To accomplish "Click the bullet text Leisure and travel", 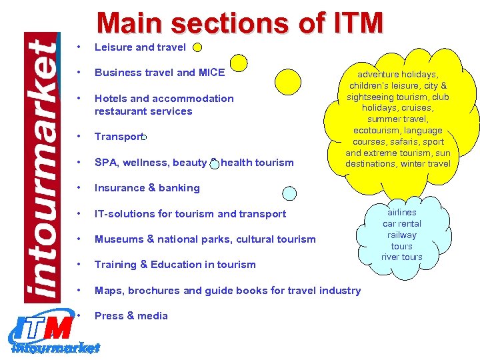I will [x=140, y=47].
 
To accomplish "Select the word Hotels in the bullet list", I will [x=111, y=99].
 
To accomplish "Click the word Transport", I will [x=118, y=137].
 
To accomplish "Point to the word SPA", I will [x=106, y=163].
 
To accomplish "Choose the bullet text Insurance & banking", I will [x=147, y=188].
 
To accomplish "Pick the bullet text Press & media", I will [x=131, y=316].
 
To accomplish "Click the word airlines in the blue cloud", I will [x=402, y=213].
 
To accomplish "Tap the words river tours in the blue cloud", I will [x=402, y=257].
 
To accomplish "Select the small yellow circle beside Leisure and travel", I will [x=197, y=47].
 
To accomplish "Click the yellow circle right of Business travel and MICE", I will [x=237, y=63].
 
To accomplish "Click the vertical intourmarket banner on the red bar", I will [x=42, y=167].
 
